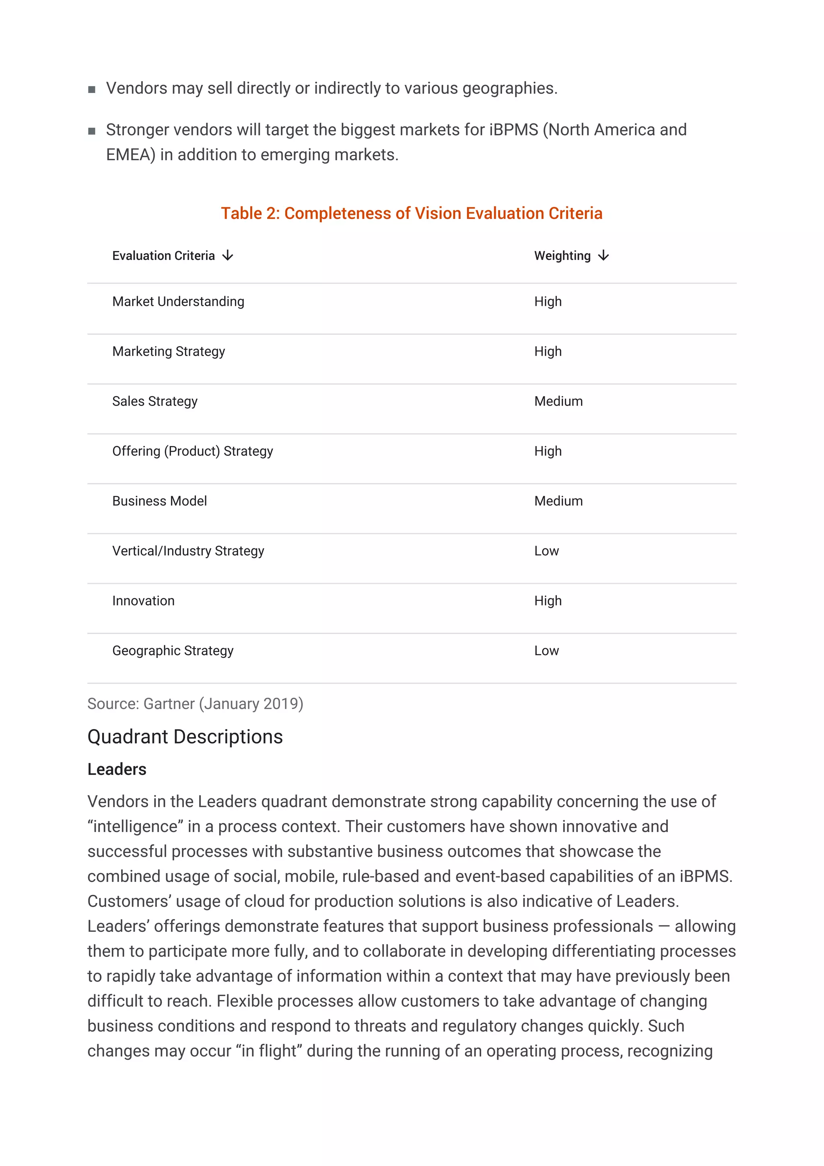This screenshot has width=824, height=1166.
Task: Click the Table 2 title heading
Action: point(411,213)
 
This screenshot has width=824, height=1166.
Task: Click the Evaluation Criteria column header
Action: point(163,255)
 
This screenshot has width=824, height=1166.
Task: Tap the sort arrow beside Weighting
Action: point(603,255)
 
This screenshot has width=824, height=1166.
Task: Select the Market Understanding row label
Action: point(178,302)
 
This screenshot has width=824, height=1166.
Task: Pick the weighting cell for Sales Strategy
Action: point(558,401)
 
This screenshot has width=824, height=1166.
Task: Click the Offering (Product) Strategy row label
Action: point(192,451)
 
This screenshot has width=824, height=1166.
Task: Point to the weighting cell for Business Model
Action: point(558,501)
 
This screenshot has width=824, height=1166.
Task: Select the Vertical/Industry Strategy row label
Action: point(188,551)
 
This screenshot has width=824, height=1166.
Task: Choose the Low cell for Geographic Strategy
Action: point(546,651)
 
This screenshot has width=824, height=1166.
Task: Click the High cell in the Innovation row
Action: point(548,601)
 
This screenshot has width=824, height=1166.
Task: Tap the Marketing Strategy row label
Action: point(169,351)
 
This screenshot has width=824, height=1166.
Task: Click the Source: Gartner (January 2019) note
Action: point(195,704)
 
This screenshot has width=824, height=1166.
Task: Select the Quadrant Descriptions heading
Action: point(185,737)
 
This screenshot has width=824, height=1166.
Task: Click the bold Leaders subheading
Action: point(117,769)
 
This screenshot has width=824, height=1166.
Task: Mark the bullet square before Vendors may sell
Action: point(92,89)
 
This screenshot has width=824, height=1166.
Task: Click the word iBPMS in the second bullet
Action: point(513,130)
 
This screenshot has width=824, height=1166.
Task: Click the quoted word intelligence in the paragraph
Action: point(136,827)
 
